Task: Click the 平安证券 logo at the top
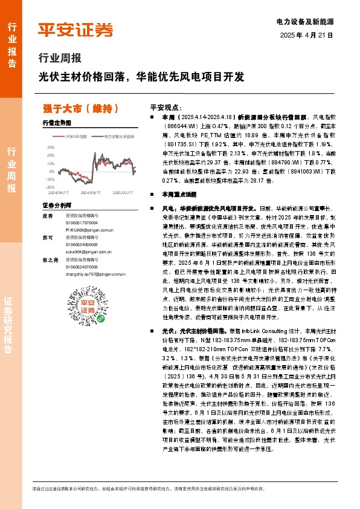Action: (x=75, y=30)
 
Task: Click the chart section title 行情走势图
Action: (x=57, y=123)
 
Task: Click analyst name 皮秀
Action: (x=48, y=215)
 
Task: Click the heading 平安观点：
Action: (x=166, y=106)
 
